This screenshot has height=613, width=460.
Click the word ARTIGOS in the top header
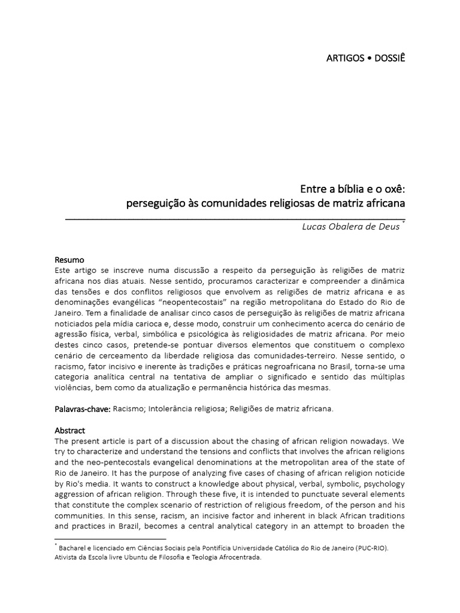pos(344,58)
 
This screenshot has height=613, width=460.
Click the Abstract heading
pos(70,430)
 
